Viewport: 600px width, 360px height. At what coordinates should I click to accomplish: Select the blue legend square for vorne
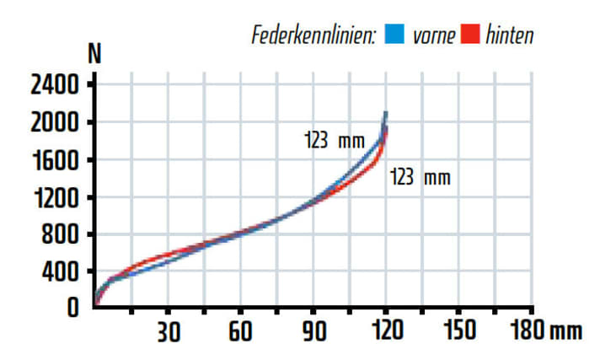click(x=394, y=35)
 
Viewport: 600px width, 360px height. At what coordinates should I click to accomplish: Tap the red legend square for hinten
click(x=471, y=35)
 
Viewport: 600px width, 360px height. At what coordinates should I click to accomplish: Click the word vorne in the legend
click(x=434, y=35)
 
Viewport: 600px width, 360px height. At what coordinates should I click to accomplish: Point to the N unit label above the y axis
click(x=95, y=54)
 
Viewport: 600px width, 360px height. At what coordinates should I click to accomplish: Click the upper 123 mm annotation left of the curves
click(x=334, y=141)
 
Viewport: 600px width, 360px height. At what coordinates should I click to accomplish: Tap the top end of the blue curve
click(x=386, y=112)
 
